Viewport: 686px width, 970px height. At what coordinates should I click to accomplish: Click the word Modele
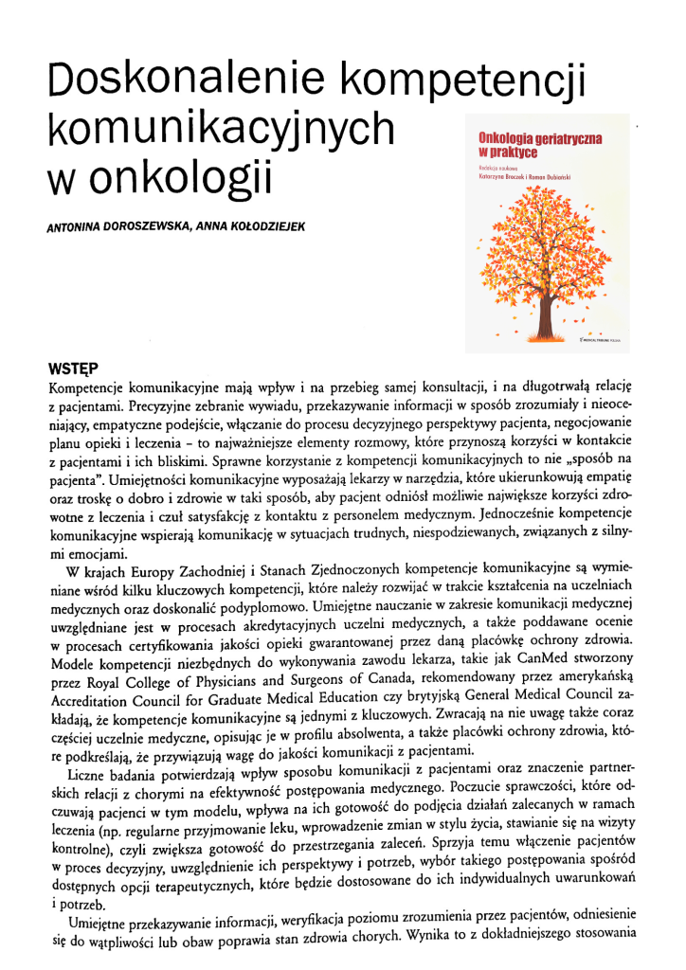75,663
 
